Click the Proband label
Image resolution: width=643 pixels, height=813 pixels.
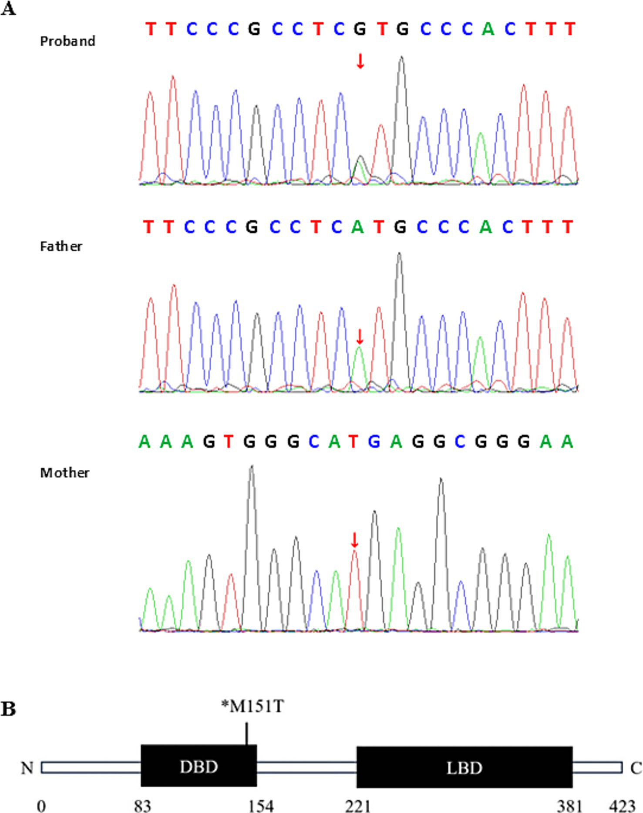coord(67,41)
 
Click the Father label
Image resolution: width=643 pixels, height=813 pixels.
coord(61,247)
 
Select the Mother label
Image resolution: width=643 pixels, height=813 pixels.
coord(65,473)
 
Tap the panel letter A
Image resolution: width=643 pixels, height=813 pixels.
coord(8,8)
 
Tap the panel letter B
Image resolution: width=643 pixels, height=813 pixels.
coord(8,709)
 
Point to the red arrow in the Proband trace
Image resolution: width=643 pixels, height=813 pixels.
coord(360,61)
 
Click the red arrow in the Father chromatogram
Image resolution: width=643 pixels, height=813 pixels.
coord(360,336)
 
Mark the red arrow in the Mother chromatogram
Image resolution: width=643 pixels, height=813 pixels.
coord(354,540)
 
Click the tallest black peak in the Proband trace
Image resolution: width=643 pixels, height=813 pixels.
coord(401,59)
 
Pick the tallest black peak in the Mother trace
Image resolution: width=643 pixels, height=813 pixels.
coord(251,468)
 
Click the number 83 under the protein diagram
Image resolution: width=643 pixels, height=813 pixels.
coord(142,806)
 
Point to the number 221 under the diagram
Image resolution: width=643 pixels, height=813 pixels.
coord(358,806)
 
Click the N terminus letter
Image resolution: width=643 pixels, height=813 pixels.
coord(27,768)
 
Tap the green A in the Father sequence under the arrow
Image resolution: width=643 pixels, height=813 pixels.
coord(357,227)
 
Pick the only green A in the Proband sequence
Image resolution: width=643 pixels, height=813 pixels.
coord(488,29)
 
